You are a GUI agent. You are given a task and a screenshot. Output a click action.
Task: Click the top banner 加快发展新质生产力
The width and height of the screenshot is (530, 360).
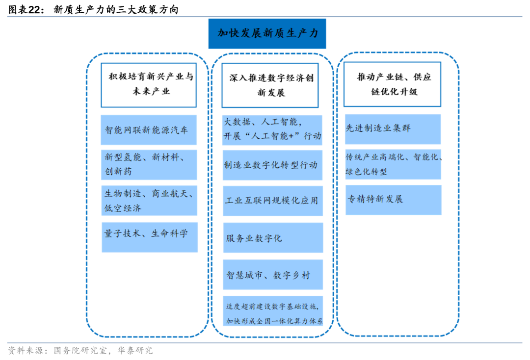[x=267, y=33]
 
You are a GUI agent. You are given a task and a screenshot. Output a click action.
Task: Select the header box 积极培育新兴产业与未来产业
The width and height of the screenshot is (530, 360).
[x=148, y=84]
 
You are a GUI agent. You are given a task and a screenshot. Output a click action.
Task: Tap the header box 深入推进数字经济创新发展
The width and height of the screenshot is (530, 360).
[x=270, y=85]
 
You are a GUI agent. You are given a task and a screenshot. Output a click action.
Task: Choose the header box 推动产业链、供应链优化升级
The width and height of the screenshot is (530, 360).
[x=392, y=84]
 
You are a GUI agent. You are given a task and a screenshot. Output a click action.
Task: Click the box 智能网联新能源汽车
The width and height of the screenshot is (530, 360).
[x=148, y=130]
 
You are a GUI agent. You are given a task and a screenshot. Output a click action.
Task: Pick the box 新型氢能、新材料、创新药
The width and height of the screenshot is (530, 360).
[x=149, y=164]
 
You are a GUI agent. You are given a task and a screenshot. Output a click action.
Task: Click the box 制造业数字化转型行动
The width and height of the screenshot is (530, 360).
[x=272, y=165]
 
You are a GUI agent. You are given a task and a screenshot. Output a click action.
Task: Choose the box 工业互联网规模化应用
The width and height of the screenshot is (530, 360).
[x=272, y=201]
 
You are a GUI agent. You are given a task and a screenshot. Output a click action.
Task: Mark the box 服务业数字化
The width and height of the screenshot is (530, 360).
[x=272, y=238]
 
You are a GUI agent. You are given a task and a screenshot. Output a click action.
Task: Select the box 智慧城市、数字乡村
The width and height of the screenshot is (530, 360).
[x=272, y=275]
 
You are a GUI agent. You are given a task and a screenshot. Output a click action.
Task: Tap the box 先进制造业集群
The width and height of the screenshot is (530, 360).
[x=393, y=129]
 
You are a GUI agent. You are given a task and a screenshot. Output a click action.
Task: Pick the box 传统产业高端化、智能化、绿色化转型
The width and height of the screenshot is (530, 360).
[x=393, y=164]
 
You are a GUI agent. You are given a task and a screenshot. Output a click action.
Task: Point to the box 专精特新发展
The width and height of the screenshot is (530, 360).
[x=393, y=200]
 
